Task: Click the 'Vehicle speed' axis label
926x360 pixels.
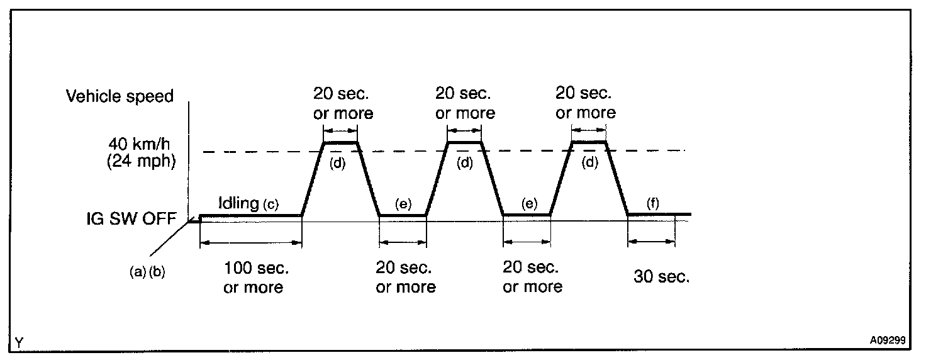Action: coord(119,96)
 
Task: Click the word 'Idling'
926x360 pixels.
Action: coord(238,204)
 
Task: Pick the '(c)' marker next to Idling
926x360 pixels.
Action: coord(271,205)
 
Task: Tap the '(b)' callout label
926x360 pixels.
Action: coord(156,273)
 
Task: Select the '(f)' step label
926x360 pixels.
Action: coord(653,204)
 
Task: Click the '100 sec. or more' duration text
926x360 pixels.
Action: coord(256,278)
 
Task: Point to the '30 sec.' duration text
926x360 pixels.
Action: coord(660,277)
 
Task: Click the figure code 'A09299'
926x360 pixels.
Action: coord(887,340)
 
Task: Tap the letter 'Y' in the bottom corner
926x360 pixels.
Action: coord(20,342)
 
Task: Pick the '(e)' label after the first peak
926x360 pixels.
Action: coord(403,204)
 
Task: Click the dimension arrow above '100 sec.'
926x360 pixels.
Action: coord(251,243)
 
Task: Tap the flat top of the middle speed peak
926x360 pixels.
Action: coord(464,143)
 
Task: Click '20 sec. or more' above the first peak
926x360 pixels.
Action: coord(343,104)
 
